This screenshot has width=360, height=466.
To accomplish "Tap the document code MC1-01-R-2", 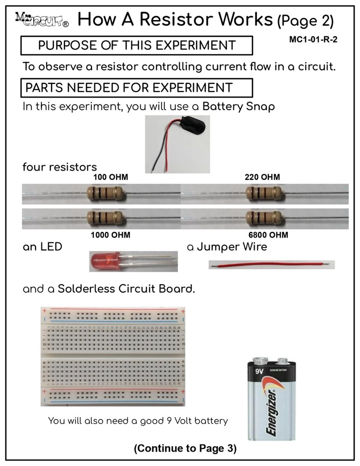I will pos(313,40).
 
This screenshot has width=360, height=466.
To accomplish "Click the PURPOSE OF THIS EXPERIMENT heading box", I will pos(137,46).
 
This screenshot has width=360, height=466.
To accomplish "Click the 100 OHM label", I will pos(110,178).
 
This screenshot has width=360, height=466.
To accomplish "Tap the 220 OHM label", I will pos(262,178).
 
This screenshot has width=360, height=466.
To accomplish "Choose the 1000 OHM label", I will pos(110,235).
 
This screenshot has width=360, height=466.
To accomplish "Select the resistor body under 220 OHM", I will pos(263,193).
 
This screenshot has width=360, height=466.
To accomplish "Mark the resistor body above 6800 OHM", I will pos(263,217).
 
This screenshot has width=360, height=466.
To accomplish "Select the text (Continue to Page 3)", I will pos(185,449).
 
